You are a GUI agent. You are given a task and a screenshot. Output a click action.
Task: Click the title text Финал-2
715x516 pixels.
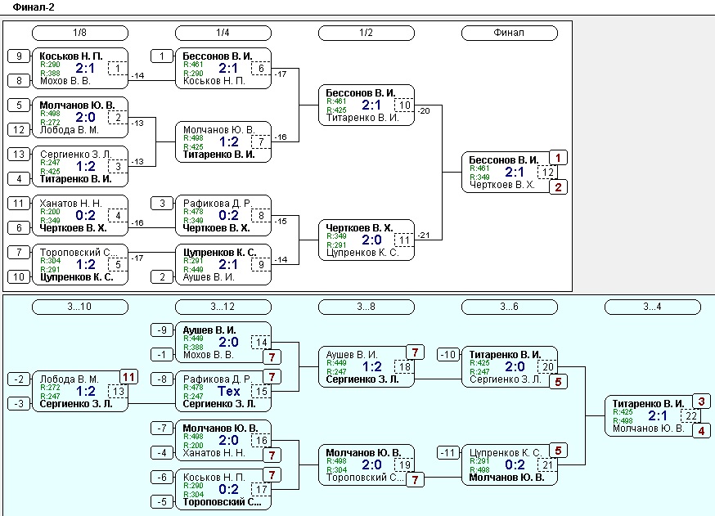coord(34,7)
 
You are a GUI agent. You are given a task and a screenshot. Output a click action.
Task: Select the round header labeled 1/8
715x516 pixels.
coord(80,33)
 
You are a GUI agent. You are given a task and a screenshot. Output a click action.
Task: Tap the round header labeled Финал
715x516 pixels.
coord(510,33)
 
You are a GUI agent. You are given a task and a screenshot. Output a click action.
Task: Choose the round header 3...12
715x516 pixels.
coord(223,307)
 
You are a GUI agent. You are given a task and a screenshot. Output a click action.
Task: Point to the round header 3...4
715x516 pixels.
coord(653,307)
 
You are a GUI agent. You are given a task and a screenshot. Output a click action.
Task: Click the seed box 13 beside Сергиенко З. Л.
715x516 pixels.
coord(19,154)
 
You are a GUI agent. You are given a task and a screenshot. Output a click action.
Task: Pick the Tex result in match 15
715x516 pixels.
coord(228,391)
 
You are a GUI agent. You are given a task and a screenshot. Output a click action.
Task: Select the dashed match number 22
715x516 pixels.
coord(691,415)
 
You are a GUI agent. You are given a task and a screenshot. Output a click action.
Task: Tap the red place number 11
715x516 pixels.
coord(129,377)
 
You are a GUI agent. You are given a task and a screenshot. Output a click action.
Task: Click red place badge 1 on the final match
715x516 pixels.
coord(558,158)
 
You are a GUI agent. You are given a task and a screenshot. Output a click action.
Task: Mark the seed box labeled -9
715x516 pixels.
coord(162,330)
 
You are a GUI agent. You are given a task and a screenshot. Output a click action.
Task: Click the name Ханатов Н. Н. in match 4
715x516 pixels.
coord(70,204)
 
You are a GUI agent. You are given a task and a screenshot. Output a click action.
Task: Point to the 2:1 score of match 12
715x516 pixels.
coord(515,172)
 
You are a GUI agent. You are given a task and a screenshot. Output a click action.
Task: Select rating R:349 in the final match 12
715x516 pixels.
coord(479,177)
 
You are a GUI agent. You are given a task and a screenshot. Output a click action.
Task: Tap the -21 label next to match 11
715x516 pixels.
coord(424,236)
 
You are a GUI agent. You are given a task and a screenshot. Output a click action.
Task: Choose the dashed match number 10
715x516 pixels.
coord(404,105)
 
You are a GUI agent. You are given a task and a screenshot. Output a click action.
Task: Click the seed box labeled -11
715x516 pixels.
coord(448,453)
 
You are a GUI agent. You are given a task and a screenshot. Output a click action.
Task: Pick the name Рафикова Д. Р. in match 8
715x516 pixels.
coord(217,204)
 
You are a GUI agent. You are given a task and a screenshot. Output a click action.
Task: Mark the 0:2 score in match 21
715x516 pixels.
coord(515,464)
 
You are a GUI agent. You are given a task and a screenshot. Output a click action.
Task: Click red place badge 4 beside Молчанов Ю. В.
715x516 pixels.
coord(701,430)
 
